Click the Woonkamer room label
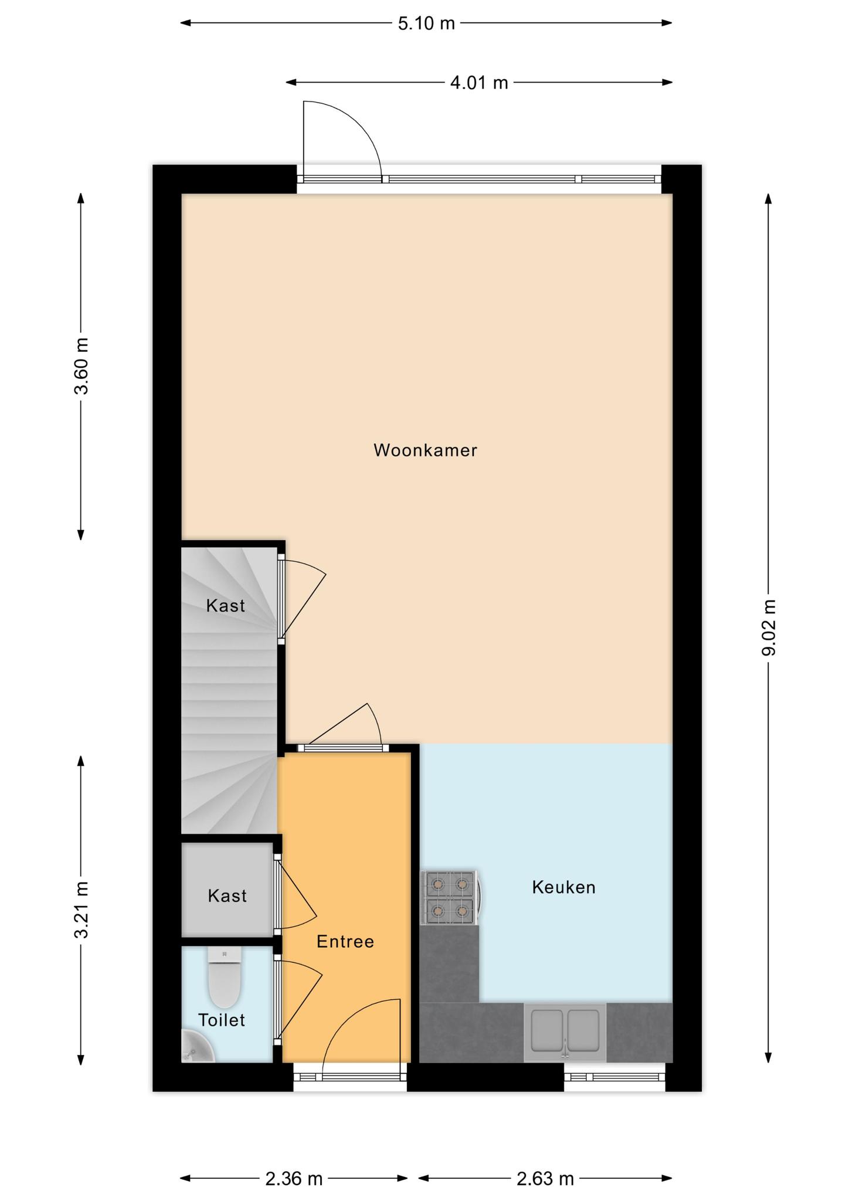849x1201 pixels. point(425,450)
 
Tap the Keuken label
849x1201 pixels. point(563,887)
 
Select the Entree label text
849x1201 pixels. point(345,941)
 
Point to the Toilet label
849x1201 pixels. point(222,1020)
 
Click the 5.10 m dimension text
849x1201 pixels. point(426,23)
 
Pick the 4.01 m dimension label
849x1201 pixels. point(479,83)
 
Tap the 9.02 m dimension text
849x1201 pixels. point(769,627)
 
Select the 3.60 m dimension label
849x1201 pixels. point(81,366)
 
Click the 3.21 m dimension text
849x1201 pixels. point(81,910)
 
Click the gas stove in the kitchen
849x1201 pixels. point(450,897)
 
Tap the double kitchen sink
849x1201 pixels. point(565,1032)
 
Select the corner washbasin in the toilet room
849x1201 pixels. point(196,1047)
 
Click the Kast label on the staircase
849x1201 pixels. point(225,606)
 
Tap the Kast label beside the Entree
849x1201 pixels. point(227,895)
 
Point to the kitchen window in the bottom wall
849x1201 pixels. point(614,1077)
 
